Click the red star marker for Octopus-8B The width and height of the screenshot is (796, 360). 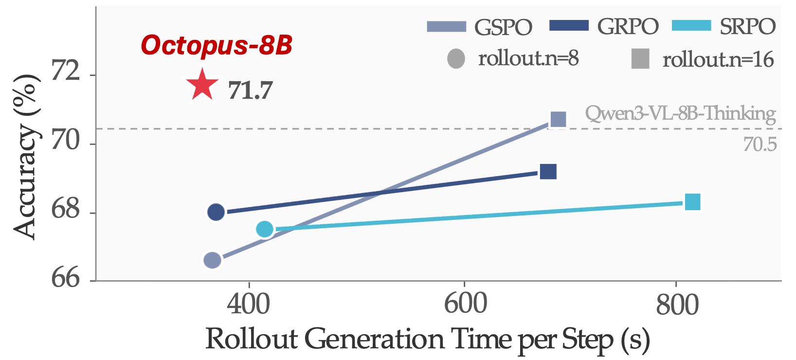coord(202,86)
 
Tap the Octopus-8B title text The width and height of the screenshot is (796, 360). coord(217,45)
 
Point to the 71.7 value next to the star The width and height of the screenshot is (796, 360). coord(250,90)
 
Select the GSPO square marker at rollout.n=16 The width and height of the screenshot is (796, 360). coord(558,119)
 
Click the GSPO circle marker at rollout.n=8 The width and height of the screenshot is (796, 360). coord(212,260)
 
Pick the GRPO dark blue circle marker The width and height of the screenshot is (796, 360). coord(216,212)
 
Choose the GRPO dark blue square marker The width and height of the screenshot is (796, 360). coord(548,172)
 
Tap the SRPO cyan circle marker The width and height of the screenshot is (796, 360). coord(265,229)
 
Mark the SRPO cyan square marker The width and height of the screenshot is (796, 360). coord(692,202)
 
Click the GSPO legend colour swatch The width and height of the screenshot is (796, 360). coord(446,26)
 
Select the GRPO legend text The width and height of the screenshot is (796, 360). coord(628,26)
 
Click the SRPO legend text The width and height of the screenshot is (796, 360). coord(747,26)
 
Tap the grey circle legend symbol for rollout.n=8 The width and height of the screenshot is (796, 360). coord(456,59)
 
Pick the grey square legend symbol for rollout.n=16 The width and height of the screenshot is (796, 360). coord(640,59)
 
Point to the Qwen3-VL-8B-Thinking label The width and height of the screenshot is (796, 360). coord(680,113)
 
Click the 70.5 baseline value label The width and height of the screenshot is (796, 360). coord(760,144)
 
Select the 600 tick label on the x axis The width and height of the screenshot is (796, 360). coord(465,305)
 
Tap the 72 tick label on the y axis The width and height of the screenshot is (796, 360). coord(66,72)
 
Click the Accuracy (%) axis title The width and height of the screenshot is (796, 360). coord(25,157)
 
